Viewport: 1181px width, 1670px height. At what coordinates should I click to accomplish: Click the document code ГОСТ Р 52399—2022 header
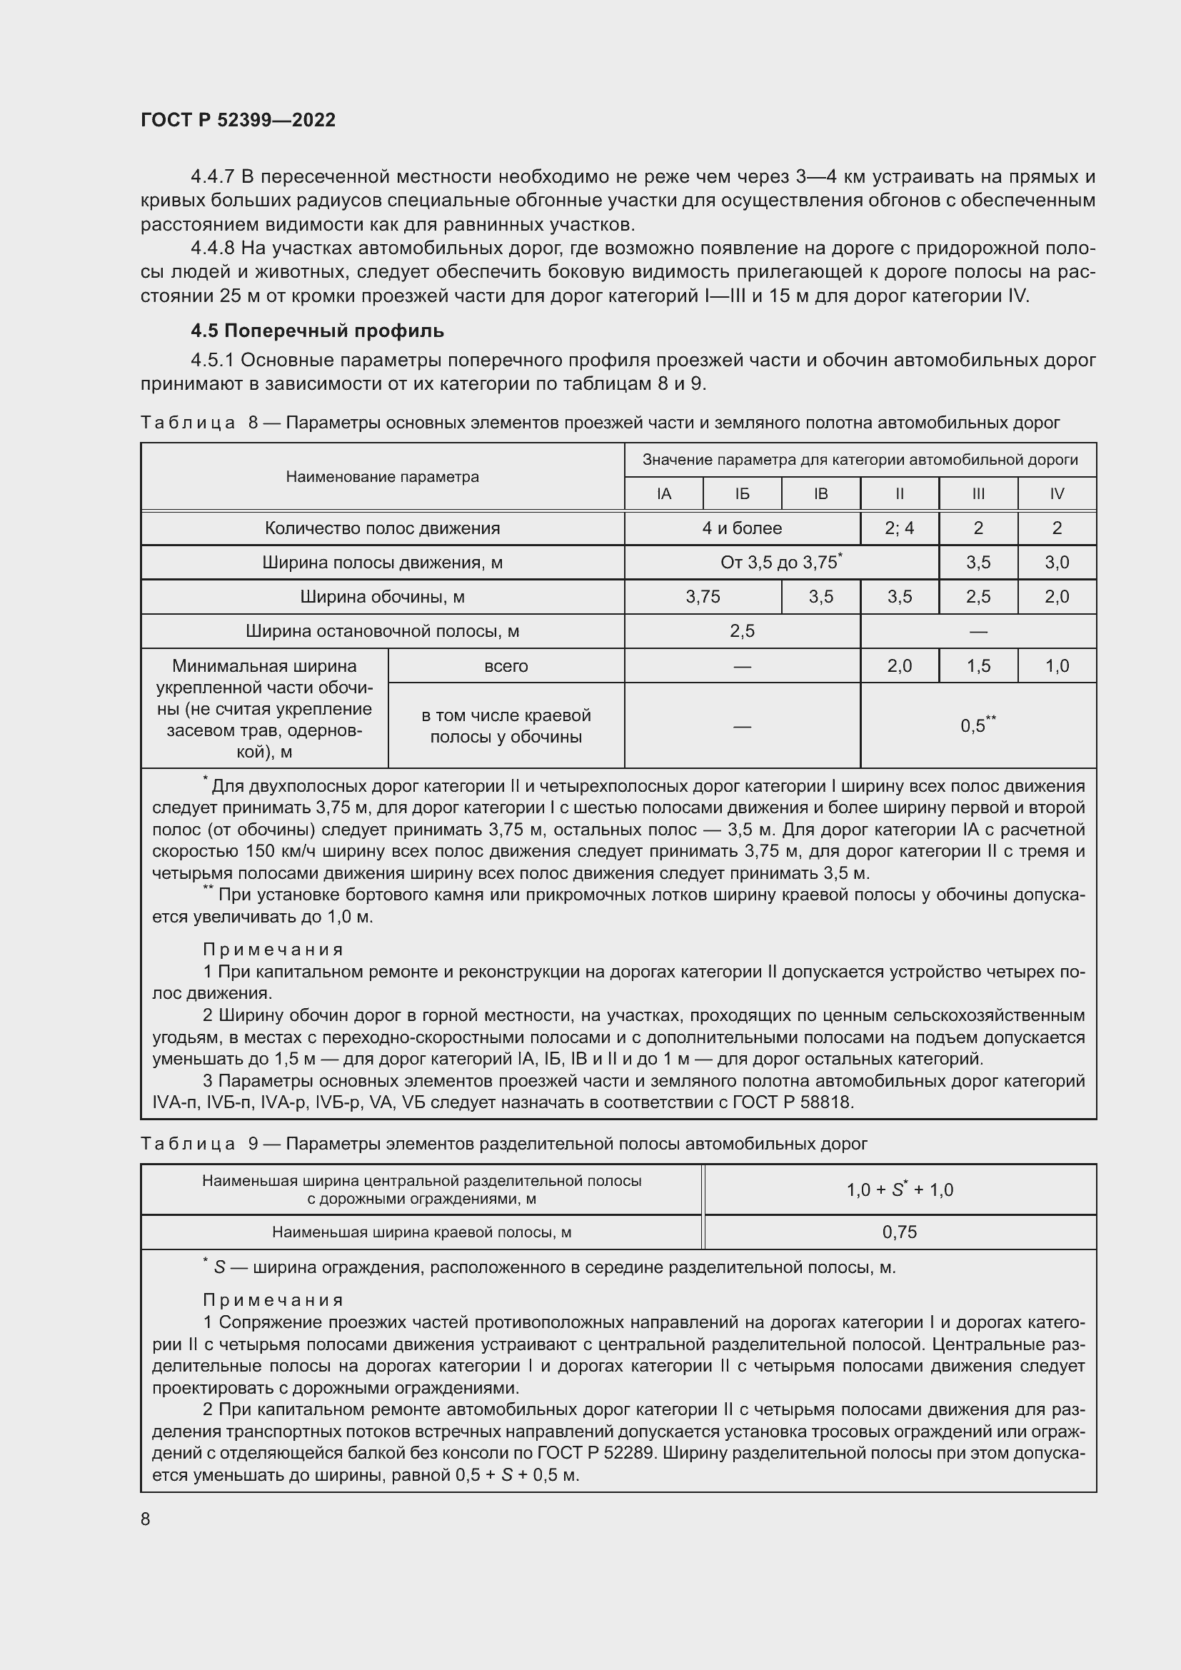click(238, 120)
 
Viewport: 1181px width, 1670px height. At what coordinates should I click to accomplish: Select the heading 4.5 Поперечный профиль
click(317, 331)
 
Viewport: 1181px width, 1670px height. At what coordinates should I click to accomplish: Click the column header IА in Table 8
click(663, 494)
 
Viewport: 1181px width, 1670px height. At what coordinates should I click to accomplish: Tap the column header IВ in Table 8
click(820, 494)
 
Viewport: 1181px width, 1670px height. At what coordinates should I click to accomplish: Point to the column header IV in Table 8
click(1056, 494)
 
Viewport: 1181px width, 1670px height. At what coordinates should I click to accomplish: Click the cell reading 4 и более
click(742, 528)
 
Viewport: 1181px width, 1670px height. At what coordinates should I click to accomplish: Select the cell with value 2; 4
click(899, 528)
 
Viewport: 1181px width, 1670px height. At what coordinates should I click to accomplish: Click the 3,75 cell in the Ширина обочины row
click(703, 596)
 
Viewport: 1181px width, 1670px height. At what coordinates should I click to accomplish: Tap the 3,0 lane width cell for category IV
click(1056, 562)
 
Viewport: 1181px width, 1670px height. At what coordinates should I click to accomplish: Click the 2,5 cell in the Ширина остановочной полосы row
click(742, 630)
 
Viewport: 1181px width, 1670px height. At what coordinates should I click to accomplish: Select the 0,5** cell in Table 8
click(978, 725)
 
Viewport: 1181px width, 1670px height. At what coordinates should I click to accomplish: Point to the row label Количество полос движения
click(382, 528)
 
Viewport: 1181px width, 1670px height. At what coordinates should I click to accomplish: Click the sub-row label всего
click(506, 665)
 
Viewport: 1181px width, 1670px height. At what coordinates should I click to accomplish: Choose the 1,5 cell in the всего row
click(978, 665)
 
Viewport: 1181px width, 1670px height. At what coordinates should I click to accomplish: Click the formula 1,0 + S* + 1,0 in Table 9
click(899, 1190)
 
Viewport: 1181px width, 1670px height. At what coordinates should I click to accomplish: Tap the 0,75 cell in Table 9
click(899, 1232)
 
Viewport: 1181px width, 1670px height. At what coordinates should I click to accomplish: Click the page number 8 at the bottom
click(146, 1519)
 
